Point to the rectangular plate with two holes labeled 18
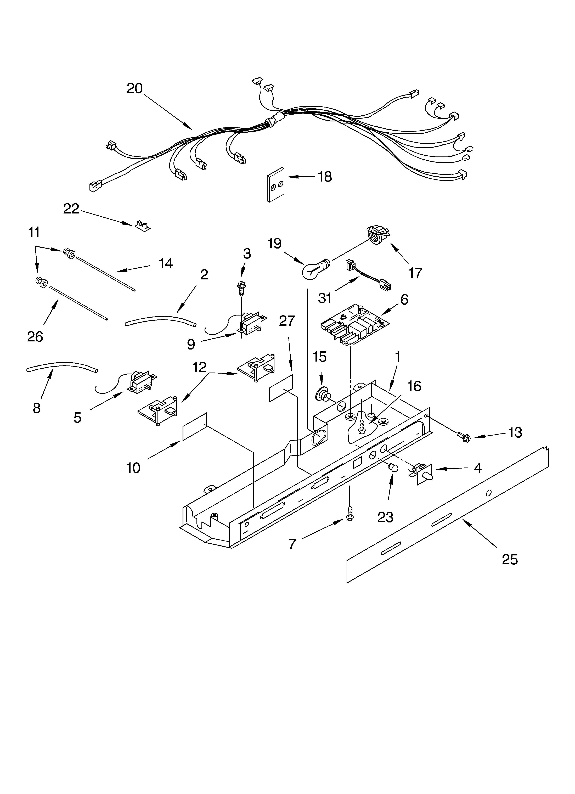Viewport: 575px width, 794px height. [x=276, y=185]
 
